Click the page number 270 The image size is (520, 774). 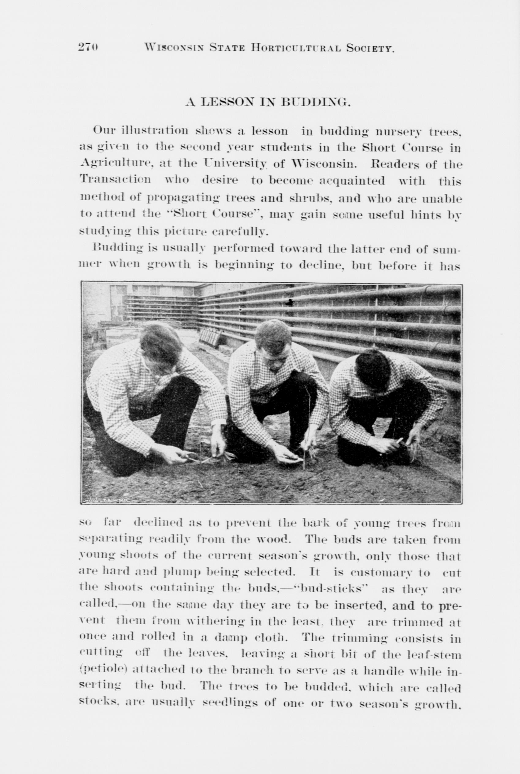(88, 47)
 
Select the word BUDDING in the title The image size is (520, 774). (315, 102)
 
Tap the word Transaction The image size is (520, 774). (115, 181)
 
